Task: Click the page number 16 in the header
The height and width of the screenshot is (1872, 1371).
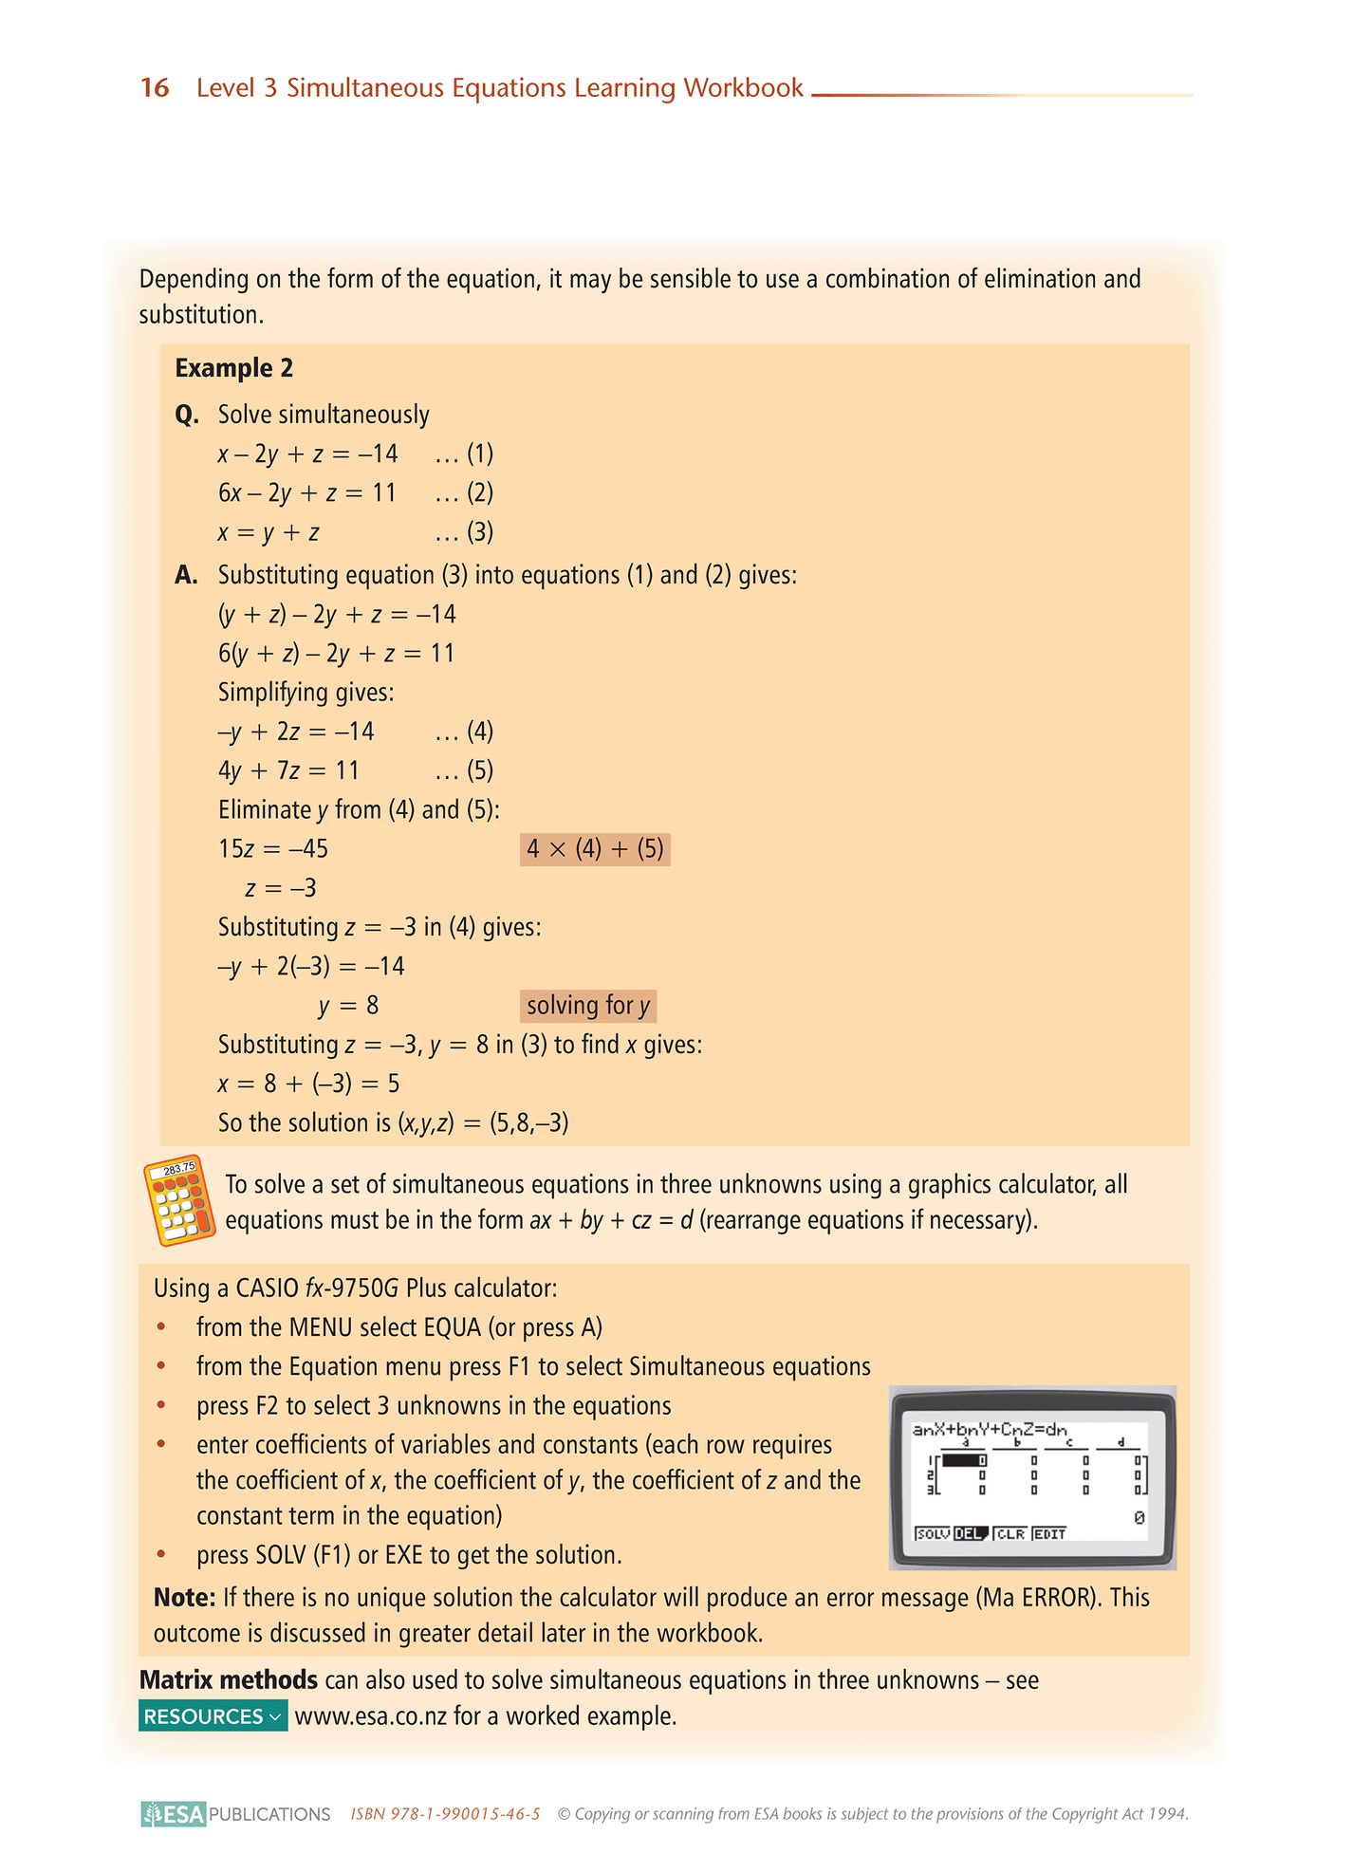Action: (155, 88)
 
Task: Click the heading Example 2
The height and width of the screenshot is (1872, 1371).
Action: (233, 368)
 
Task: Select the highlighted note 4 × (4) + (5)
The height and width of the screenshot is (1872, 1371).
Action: (595, 849)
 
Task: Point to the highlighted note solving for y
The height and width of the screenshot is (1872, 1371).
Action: (588, 1006)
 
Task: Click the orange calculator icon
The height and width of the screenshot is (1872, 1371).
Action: (179, 1200)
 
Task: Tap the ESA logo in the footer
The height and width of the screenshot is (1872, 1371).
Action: (174, 1814)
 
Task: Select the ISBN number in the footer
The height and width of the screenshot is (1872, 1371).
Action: (445, 1814)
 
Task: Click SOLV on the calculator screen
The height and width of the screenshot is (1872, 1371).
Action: (933, 1533)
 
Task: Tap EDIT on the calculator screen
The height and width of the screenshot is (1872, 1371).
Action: (1050, 1533)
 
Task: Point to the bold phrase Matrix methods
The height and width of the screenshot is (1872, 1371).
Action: (228, 1680)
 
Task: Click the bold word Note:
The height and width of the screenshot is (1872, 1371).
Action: (185, 1598)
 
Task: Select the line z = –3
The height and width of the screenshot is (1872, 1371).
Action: (281, 889)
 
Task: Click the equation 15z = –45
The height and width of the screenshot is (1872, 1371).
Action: (273, 849)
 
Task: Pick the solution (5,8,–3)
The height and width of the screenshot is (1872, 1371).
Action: (528, 1123)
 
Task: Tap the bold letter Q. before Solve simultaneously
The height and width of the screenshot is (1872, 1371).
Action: (187, 416)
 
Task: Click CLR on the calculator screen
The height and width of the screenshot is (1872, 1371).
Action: (1010, 1533)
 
